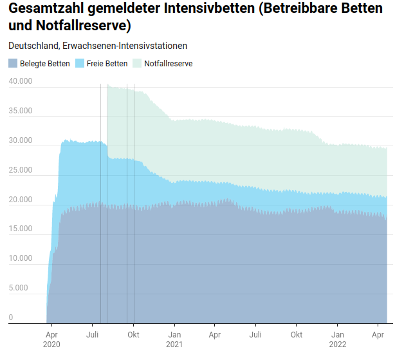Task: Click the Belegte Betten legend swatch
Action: [x=13, y=64]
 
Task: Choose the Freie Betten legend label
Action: [x=107, y=64]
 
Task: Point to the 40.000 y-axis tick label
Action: [x=21, y=81]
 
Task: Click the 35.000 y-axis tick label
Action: [x=21, y=111]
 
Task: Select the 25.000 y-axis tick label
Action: [x=21, y=170]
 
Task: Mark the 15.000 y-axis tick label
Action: [x=21, y=229]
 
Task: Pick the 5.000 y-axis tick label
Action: [x=23, y=288]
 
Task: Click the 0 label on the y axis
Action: [x=11, y=317]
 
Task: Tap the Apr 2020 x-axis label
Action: [x=52, y=339]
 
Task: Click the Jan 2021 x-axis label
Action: [x=174, y=339]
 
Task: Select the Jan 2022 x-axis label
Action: [x=337, y=339]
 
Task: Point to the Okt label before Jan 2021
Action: [x=133, y=335]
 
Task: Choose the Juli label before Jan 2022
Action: [x=255, y=335]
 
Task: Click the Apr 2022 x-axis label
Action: [x=378, y=335]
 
